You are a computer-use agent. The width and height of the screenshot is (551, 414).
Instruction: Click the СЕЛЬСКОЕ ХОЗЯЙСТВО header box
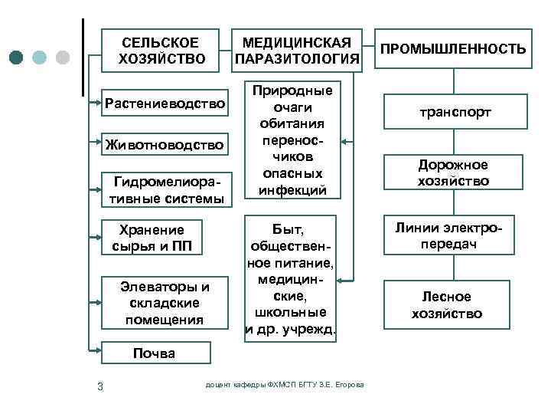click(162, 51)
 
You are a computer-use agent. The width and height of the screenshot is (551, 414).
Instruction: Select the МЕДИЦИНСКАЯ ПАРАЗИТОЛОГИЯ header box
click(297, 51)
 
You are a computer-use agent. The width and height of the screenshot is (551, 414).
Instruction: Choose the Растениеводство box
click(165, 103)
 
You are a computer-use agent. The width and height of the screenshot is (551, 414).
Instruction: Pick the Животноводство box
click(165, 144)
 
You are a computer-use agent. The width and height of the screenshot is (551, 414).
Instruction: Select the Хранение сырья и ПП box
click(152, 238)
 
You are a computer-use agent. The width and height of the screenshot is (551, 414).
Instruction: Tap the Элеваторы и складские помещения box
click(165, 303)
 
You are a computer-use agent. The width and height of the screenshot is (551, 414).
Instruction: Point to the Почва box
click(154, 353)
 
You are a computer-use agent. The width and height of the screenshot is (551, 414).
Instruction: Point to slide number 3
click(100, 384)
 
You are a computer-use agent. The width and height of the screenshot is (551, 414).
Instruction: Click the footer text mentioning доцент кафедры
click(285, 384)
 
